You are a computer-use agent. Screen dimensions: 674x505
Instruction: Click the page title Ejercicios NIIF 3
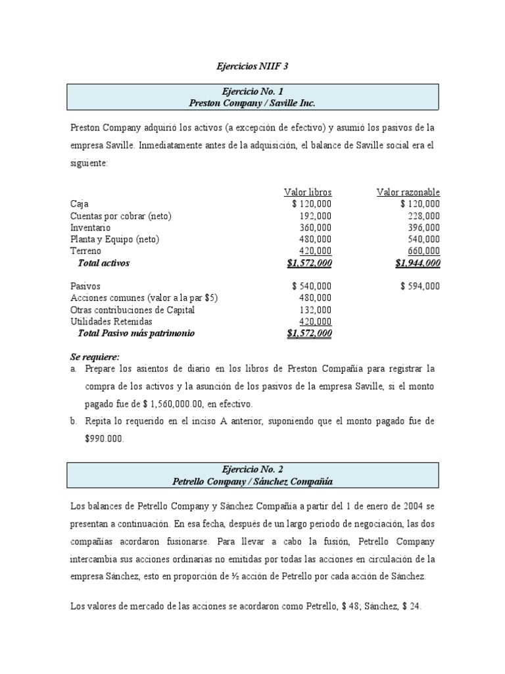252,66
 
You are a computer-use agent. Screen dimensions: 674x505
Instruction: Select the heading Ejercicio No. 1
253,91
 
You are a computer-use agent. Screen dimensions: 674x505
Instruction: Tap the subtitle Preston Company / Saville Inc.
253,103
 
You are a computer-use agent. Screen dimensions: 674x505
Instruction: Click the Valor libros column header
308,192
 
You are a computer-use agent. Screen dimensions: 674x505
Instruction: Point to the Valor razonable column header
408,192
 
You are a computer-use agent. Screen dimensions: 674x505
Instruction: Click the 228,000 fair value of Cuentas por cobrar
424,216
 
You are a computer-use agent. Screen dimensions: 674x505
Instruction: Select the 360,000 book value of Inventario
316,228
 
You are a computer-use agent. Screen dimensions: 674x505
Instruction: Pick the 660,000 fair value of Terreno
424,251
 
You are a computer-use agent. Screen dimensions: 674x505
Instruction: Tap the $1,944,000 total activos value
418,263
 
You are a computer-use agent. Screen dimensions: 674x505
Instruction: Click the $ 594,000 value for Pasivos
420,286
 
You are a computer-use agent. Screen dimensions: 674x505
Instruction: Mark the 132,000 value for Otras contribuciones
316,310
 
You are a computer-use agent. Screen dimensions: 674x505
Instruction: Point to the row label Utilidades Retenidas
111,322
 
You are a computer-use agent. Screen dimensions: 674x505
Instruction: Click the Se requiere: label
95,357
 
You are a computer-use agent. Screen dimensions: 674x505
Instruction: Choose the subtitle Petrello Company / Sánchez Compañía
253,482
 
